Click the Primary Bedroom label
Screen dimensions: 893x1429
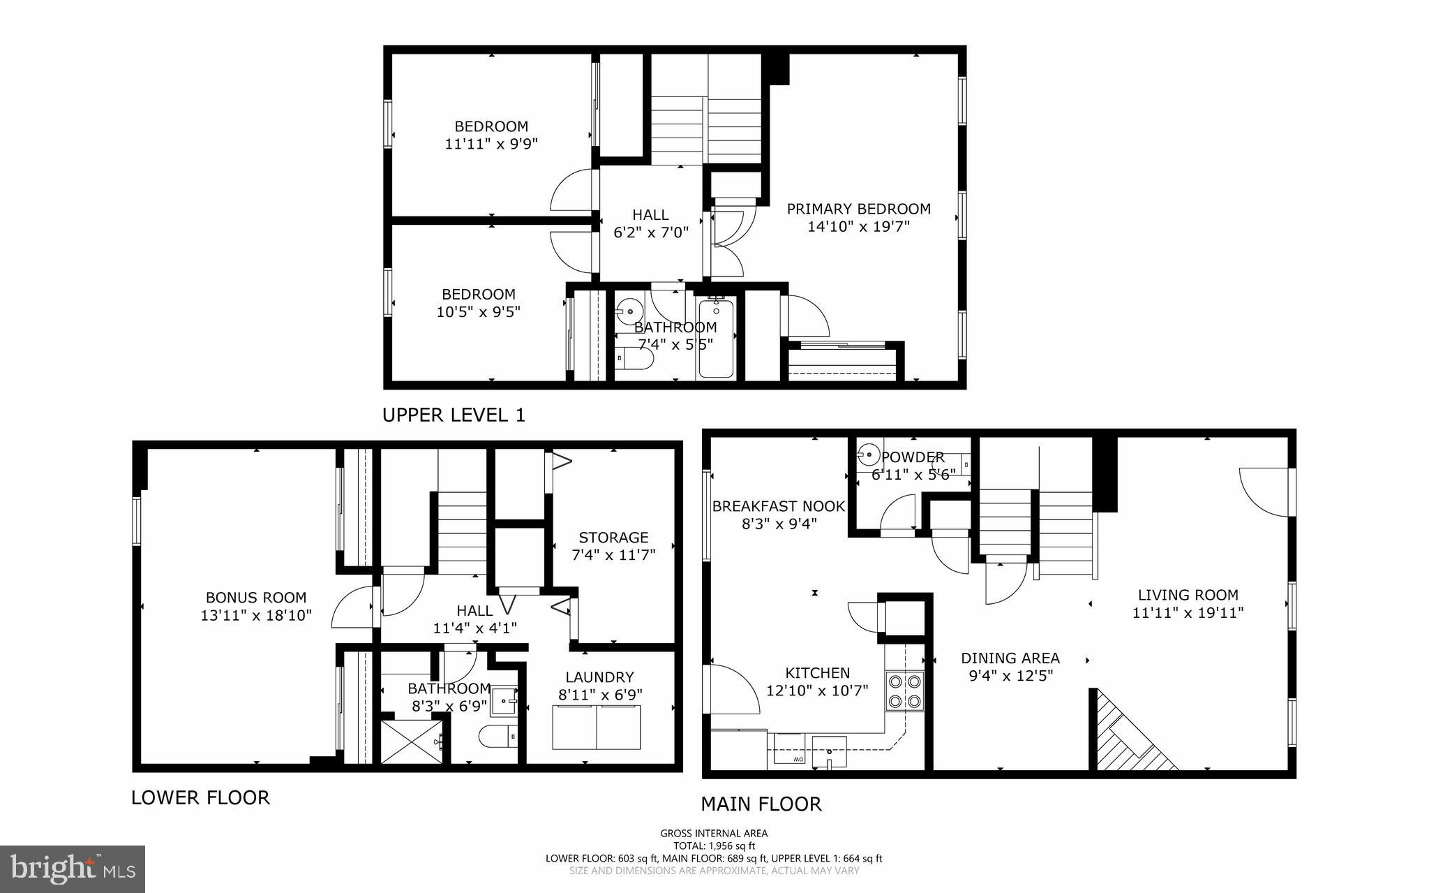point(858,209)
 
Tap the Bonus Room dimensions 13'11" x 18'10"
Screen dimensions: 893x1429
point(255,615)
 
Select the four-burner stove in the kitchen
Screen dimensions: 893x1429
point(904,691)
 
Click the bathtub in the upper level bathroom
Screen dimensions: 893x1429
point(716,338)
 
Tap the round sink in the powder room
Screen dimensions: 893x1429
point(869,456)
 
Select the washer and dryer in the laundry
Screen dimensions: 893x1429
point(596,727)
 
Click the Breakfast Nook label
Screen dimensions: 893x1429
point(778,506)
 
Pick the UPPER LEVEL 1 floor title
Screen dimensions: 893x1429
point(454,415)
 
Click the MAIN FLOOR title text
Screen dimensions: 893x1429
point(761,804)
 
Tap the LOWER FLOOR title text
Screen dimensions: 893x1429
point(200,797)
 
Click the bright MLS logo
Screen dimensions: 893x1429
point(72,869)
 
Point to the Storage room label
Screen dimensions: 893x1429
point(613,538)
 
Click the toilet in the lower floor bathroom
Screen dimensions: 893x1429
point(496,736)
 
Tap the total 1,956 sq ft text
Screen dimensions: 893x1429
point(714,846)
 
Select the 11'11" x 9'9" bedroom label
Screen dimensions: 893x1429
point(491,144)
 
